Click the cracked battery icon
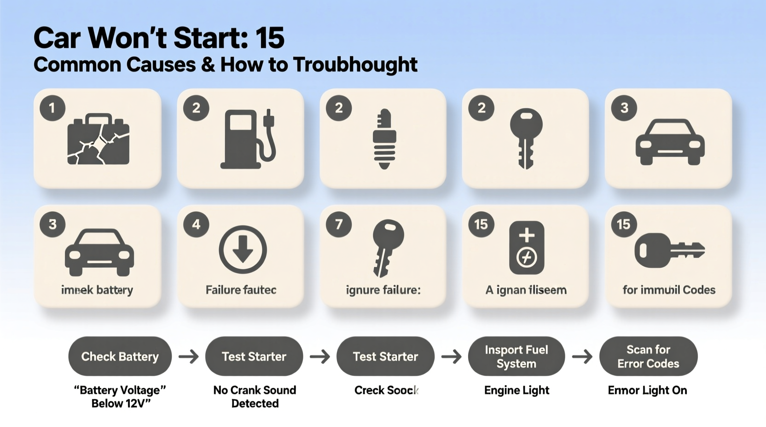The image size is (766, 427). coord(99,140)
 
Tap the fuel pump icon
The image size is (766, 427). coord(247,139)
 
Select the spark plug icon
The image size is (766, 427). coord(384,139)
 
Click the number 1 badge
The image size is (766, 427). coord(52,108)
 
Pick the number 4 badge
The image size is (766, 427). coord(196,225)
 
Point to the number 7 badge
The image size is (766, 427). coord(339,225)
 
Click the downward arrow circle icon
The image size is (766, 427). coord(243,250)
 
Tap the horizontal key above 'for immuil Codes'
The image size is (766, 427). coord(669,250)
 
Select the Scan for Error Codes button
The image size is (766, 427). coord(648,357)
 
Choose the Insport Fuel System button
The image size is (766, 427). coord(516,357)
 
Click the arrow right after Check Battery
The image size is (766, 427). coord(189,357)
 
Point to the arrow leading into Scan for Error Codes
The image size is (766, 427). coord(582,357)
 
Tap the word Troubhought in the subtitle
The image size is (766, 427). coord(355,65)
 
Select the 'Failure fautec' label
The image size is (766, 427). coord(241,290)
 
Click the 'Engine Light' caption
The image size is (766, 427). coord(516,390)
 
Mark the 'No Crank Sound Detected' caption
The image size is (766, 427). coord(255,397)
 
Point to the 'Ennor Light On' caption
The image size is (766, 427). coord(647,390)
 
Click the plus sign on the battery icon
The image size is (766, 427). coord(527,235)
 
